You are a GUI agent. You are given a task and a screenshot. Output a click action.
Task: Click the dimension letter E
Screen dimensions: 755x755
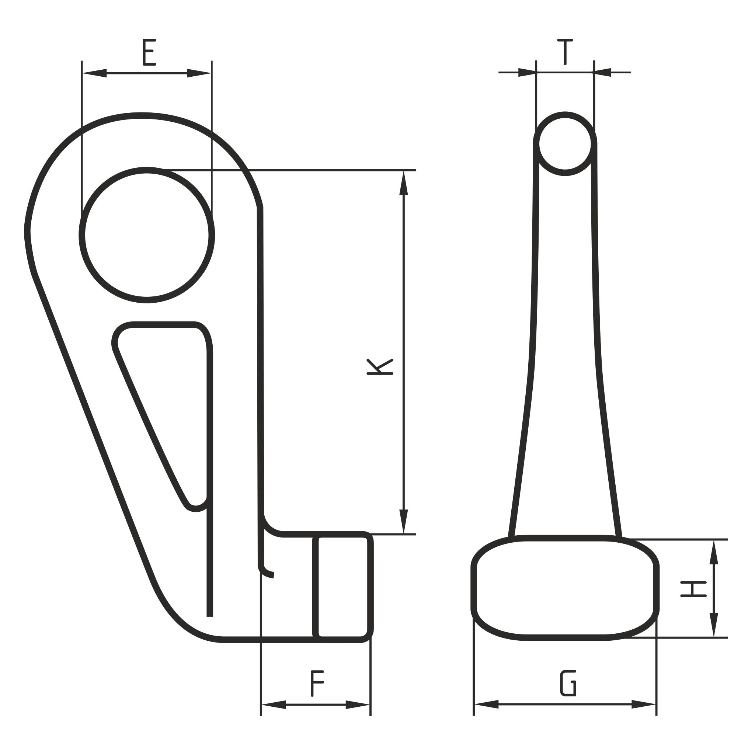click(x=149, y=52)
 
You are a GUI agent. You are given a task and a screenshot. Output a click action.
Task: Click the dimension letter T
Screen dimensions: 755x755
click(x=565, y=52)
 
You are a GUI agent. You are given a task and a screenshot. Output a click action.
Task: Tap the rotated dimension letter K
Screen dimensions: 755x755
click(x=380, y=366)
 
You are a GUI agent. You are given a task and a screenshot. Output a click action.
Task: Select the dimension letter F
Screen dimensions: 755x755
click(x=317, y=683)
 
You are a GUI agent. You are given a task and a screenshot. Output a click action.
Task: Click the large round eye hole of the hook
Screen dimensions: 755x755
click(x=147, y=235)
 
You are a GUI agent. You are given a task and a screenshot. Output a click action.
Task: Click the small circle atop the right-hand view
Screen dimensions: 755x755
click(x=565, y=144)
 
